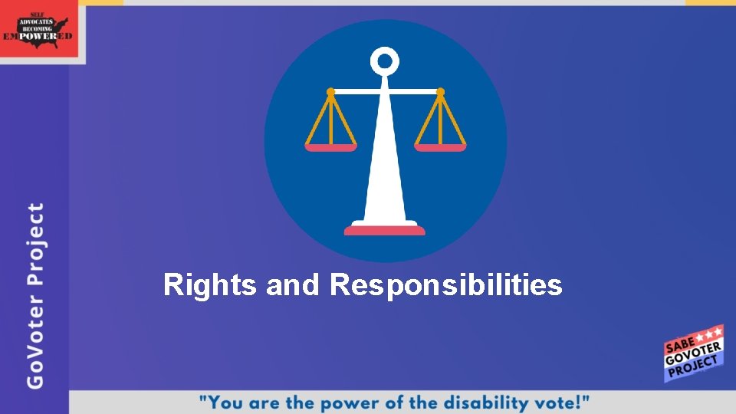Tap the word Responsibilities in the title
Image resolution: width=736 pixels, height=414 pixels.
[x=446, y=286]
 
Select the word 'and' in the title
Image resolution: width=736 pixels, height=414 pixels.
[x=291, y=286]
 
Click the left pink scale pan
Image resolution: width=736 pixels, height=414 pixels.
[x=330, y=147]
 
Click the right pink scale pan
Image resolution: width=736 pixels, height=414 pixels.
[x=440, y=147]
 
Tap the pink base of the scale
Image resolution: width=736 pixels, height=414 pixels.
[x=385, y=230]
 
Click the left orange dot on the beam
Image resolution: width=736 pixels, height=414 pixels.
[x=330, y=92]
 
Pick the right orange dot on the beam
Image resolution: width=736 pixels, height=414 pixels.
[x=440, y=92]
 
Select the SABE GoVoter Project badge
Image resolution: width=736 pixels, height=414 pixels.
[x=693, y=353]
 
